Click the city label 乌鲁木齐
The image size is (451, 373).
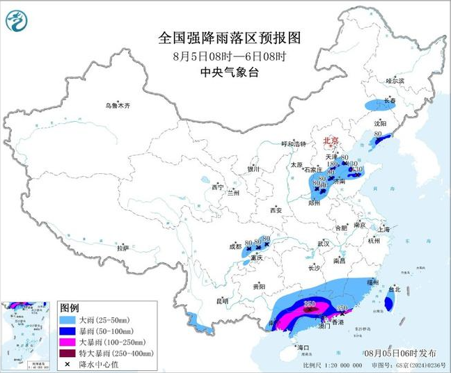click(x=118, y=106)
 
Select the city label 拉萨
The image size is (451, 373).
click(x=122, y=248)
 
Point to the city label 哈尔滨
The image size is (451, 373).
click(x=395, y=81)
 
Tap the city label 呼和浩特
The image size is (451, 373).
click(x=294, y=143)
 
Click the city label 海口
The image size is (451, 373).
click(x=302, y=347)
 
